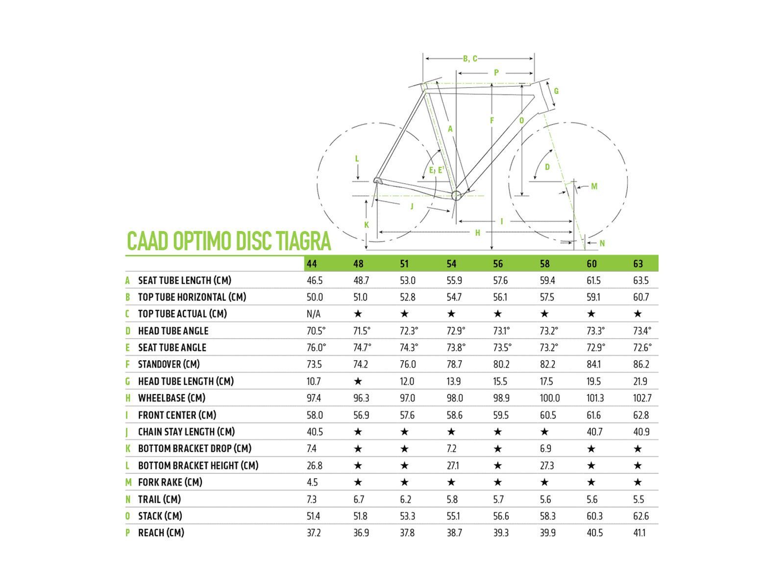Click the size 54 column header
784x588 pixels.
pos(451,264)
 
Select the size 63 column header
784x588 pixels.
pos(638,264)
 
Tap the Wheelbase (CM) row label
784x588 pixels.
pos(171,398)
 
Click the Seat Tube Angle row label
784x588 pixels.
pos(172,347)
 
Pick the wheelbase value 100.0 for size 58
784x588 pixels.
pos(549,398)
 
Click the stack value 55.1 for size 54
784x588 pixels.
pos(454,516)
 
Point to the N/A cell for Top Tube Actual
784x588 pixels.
pos(314,314)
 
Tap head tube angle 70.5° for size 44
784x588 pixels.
pos(316,331)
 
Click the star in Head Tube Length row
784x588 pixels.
pos(358,381)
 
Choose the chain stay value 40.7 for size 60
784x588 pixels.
pos(594,432)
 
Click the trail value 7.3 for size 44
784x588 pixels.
pos(312,499)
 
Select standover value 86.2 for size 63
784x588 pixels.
pos(641,364)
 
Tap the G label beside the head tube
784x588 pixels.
pos(556,91)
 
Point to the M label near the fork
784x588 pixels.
pos(594,186)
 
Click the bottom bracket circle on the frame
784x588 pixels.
pos(456,196)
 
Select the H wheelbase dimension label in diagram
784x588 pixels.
pos(478,233)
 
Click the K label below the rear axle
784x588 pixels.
pos(367,225)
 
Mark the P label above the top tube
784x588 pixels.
pos(496,73)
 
